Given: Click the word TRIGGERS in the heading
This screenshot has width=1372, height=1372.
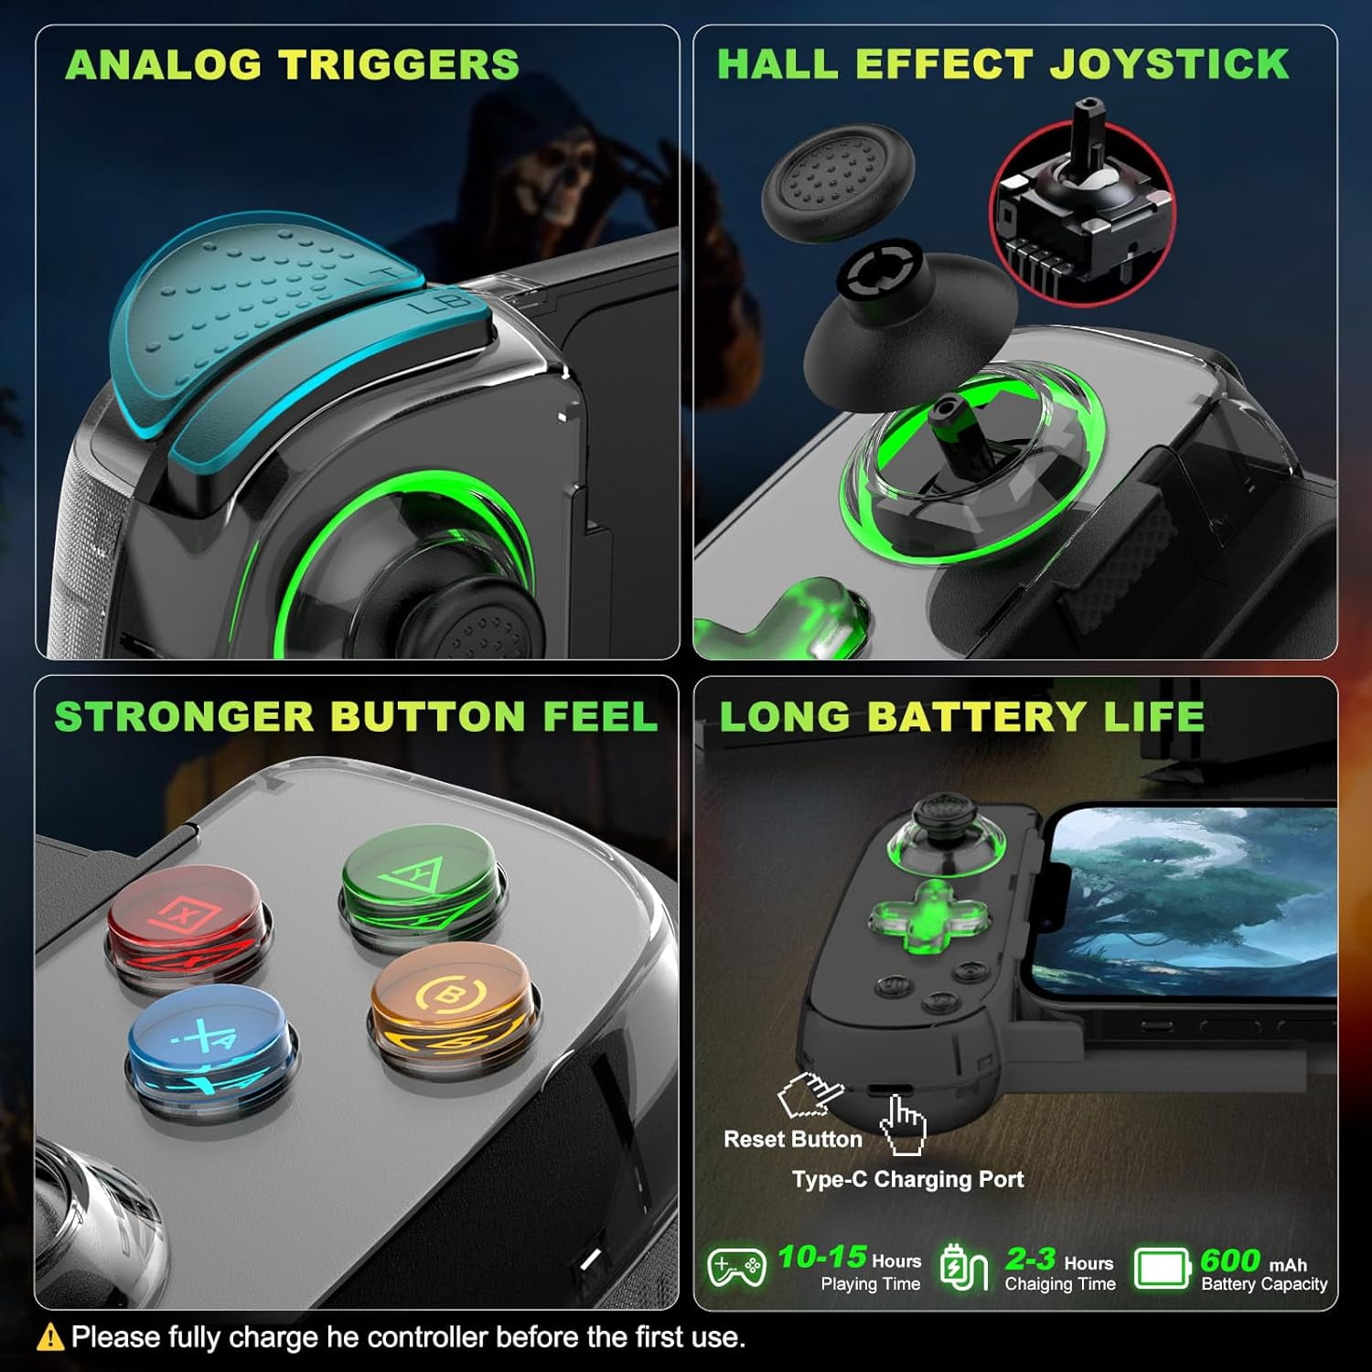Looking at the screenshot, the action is click(x=399, y=65).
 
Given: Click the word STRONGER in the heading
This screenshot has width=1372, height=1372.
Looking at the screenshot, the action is click(x=184, y=715).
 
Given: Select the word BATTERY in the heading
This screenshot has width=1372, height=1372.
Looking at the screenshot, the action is click(x=978, y=715).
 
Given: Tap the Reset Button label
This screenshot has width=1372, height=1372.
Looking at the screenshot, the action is click(x=793, y=1139).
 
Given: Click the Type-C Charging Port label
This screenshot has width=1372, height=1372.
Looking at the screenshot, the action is click(x=908, y=1179).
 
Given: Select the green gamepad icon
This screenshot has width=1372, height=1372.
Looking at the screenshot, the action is click(x=737, y=1268).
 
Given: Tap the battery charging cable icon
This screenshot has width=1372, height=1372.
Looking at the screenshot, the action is click(x=964, y=1267).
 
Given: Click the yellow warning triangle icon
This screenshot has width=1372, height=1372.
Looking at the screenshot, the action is click(x=49, y=1337).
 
